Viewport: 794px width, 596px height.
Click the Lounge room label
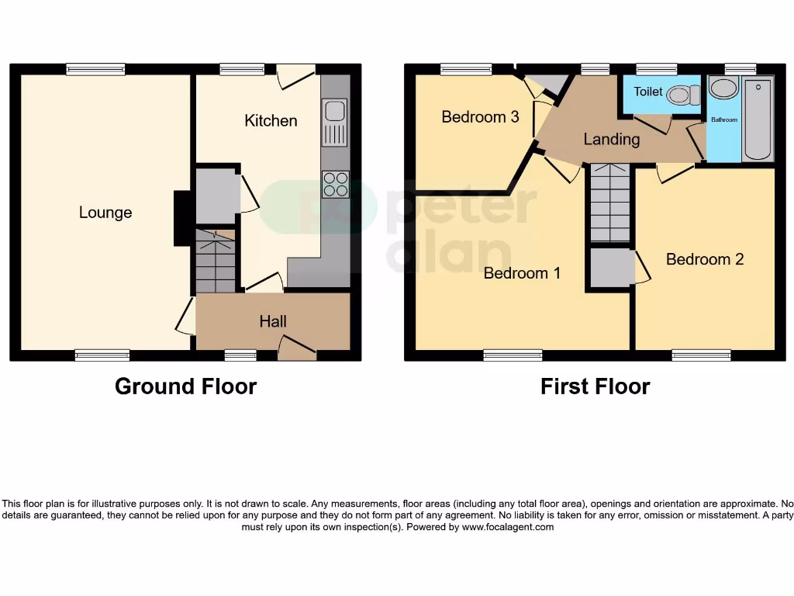pyautogui.click(x=105, y=213)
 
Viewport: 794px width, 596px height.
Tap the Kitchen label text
pyautogui.click(x=271, y=120)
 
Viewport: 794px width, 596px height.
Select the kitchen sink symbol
pyautogui.click(x=335, y=123)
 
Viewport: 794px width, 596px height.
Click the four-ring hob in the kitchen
pyautogui.click(x=335, y=184)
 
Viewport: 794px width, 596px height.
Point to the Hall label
pyautogui.click(x=273, y=321)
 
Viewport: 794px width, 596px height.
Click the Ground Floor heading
pyautogui.click(x=185, y=386)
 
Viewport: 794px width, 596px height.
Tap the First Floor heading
pyautogui.click(x=595, y=386)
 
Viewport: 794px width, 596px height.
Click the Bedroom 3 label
pyautogui.click(x=480, y=117)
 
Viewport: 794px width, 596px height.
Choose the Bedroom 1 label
pyautogui.click(x=522, y=273)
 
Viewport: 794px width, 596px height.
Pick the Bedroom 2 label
pyautogui.click(x=705, y=259)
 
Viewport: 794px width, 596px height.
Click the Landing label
pyautogui.click(x=612, y=139)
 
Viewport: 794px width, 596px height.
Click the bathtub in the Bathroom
pyautogui.click(x=758, y=119)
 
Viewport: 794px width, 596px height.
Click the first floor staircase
pyautogui.click(x=609, y=203)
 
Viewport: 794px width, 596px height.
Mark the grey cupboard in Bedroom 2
pyautogui.click(x=612, y=268)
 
